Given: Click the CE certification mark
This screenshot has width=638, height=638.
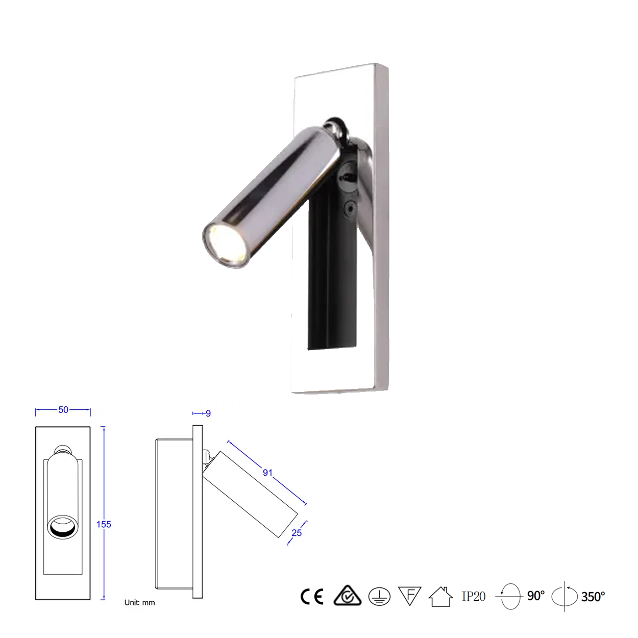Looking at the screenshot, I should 312,596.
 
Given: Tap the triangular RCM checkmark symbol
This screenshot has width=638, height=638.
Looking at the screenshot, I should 348,596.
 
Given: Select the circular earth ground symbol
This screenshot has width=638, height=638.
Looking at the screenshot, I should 379,596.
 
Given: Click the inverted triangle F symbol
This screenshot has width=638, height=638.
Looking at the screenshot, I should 409,596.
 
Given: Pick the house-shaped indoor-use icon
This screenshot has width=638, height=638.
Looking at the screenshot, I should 440,596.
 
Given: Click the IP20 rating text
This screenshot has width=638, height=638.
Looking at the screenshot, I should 474,596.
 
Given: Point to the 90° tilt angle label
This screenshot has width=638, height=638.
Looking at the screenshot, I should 536,596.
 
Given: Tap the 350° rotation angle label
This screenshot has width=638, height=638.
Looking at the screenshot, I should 593,597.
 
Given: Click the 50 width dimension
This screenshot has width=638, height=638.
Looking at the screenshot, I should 63,410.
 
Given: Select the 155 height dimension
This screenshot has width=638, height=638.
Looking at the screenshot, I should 104,524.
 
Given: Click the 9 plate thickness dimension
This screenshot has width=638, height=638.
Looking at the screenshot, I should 208,413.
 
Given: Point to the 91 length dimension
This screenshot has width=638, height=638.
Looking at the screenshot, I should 267,473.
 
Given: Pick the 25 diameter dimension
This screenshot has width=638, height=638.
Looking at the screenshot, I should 297,533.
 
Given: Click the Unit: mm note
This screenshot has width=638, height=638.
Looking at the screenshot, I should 139,602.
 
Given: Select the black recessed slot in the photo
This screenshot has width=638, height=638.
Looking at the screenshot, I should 332,286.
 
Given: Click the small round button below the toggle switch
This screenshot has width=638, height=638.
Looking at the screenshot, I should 350,208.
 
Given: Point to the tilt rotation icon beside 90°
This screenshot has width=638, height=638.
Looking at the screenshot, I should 510,596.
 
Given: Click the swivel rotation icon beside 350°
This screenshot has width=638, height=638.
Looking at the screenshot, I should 565,596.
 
